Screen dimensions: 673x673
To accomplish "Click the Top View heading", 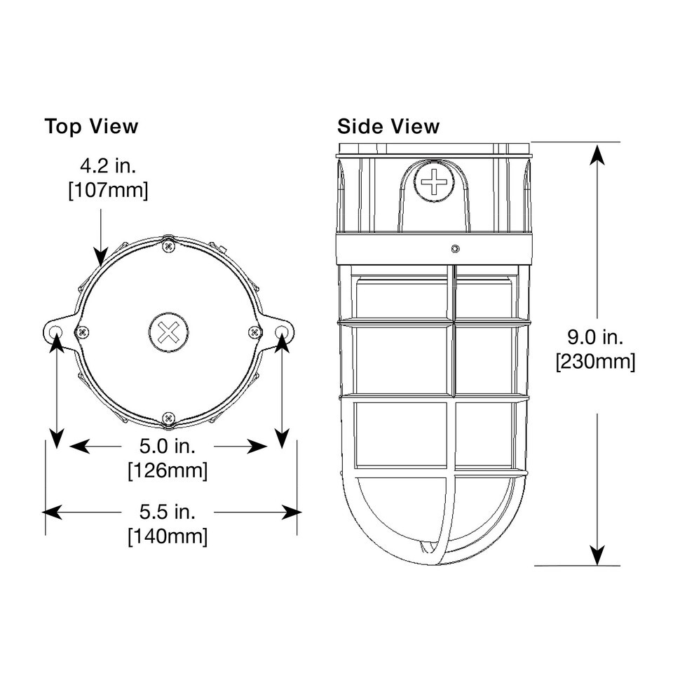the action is click(x=91, y=126).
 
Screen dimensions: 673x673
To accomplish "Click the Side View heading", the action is click(x=388, y=126).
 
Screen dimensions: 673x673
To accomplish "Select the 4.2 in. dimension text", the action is click(x=108, y=165).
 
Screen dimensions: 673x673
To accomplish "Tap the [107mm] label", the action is click(x=108, y=190).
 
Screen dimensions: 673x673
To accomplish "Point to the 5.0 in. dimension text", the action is click(x=168, y=446).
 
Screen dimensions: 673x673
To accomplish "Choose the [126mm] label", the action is click(x=168, y=471).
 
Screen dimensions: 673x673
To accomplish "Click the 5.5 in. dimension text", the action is click(x=168, y=512).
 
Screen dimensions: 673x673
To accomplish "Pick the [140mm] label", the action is click(x=168, y=536).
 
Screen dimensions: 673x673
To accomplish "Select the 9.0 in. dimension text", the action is click(x=595, y=337).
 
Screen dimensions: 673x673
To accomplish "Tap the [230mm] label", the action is click(x=596, y=362).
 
